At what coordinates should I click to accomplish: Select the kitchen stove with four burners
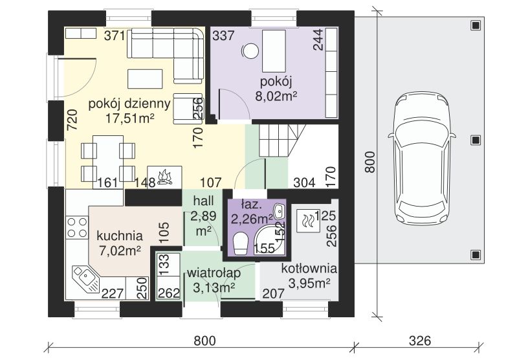[x=77, y=227]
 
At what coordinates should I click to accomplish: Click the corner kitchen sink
[x=86, y=278]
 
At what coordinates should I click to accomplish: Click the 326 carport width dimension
[x=420, y=341]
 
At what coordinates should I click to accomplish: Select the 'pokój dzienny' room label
[x=129, y=104]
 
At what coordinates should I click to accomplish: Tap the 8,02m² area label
[x=276, y=96]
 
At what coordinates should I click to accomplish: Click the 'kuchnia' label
[x=120, y=236]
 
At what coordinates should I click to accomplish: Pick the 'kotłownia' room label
[x=309, y=268]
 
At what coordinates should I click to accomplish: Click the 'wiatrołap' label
[x=214, y=273]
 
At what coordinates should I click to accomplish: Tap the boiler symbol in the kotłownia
[x=308, y=220]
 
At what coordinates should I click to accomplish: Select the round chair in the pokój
[x=250, y=51]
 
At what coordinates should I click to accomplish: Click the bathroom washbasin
[x=279, y=211]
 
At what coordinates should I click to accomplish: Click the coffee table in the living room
[x=145, y=79]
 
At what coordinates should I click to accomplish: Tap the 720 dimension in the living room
[x=72, y=120]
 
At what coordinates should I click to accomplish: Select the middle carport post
[x=475, y=140]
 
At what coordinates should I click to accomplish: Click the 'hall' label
[x=203, y=201]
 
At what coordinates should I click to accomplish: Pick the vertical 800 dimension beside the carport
[x=369, y=162]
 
